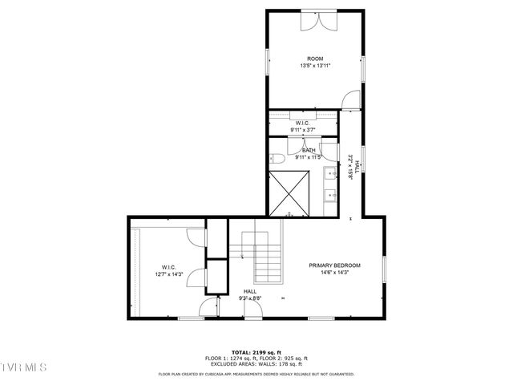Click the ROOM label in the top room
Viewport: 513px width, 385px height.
click(315, 59)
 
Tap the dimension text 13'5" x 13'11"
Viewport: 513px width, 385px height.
click(315, 66)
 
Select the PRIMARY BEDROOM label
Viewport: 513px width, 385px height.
click(335, 265)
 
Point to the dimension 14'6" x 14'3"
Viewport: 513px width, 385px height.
click(335, 273)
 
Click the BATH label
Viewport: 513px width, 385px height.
click(309, 150)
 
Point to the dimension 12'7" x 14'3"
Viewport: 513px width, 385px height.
click(168, 274)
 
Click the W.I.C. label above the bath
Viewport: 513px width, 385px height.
click(302, 123)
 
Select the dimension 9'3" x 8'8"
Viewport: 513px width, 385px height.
click(250, 298)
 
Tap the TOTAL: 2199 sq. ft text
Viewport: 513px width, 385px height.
click(256, 352)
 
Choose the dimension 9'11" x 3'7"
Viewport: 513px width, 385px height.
click(302, 129)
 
